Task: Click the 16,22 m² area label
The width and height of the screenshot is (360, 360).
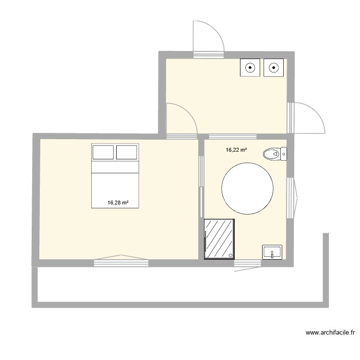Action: tap(236, 150)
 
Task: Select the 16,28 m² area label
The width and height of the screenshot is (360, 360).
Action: tap(118, 203)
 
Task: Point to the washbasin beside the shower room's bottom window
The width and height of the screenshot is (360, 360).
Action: tap(272, 252)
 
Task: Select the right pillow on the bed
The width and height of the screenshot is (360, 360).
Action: tap(127, 153)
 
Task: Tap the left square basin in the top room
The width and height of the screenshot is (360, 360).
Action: tap(250, 68)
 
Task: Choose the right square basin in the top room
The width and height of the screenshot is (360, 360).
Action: tap(274, 68)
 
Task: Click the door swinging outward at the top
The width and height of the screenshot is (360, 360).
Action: tap(207, 38)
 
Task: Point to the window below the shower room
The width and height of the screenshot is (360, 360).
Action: tap(248, 263)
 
